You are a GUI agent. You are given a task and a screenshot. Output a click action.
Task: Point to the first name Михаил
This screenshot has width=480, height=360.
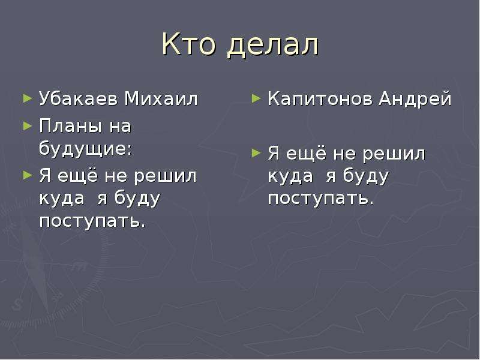[x=161, y=98]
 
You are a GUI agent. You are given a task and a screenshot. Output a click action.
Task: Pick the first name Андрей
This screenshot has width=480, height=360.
[x=415, y=99]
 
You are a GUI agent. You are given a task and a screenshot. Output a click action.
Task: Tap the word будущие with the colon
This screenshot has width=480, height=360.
[x=86, y=149]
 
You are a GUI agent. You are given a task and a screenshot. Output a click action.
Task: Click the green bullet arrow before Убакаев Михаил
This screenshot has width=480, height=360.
[x=28, y=98]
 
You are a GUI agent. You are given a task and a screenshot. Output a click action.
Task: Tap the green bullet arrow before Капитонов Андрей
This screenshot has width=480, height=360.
[x=256, y=98]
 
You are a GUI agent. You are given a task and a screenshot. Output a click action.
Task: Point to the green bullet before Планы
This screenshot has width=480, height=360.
[x=28, y=126]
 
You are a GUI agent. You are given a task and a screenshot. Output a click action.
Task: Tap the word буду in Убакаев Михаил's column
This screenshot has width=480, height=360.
[x=137, y=199]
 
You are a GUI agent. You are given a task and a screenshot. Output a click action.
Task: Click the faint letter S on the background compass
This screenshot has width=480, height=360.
[x=18, y=304]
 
